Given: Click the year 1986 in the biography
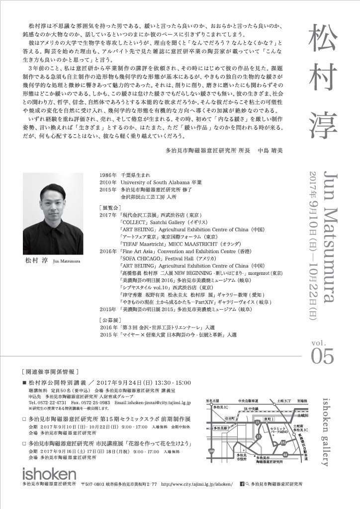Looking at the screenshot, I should coord(107,175).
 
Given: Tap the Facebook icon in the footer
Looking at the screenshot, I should coord(242,483).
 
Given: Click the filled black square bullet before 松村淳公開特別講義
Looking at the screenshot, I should coord(24,383).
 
